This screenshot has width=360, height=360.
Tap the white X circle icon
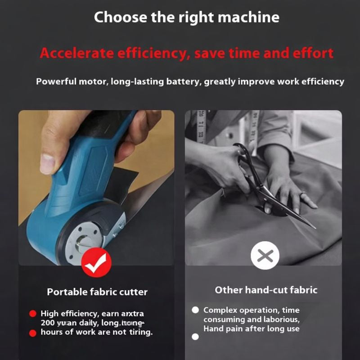pos(265,255)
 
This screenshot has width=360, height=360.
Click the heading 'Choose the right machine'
pos(186,18)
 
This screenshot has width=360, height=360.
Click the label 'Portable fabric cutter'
pos(97,292)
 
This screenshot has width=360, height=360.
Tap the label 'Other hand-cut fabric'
pos(265,290)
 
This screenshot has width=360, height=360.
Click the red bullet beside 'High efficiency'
pos(32,314)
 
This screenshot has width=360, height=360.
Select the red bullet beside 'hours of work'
pos(32,333)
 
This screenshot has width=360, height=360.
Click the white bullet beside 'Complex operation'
pos(195,310)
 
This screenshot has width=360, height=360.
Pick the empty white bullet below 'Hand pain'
pos(195,337)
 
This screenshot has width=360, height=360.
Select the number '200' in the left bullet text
pos(48,323)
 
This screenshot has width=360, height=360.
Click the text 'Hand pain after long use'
pos(251,329)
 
